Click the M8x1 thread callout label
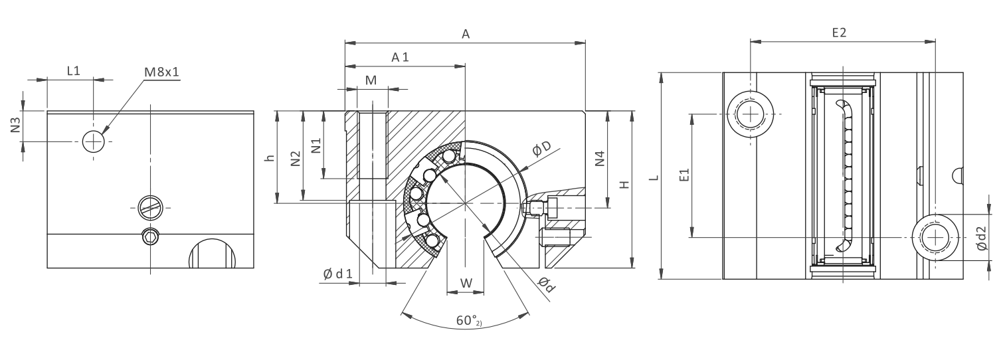(x=162, y=71)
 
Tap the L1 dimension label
(x=74, y=70)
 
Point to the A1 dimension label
(x=400, y=58)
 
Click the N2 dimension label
(x=296, y=158)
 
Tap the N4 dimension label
(x=600, y=159)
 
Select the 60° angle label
(x=467, y=321)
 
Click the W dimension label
(x=466, y=283)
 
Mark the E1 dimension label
(x=685, y=175)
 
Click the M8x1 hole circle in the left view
(x=94, y=141)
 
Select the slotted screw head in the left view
(x=151, y=207)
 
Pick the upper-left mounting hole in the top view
(x=751, y=114)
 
